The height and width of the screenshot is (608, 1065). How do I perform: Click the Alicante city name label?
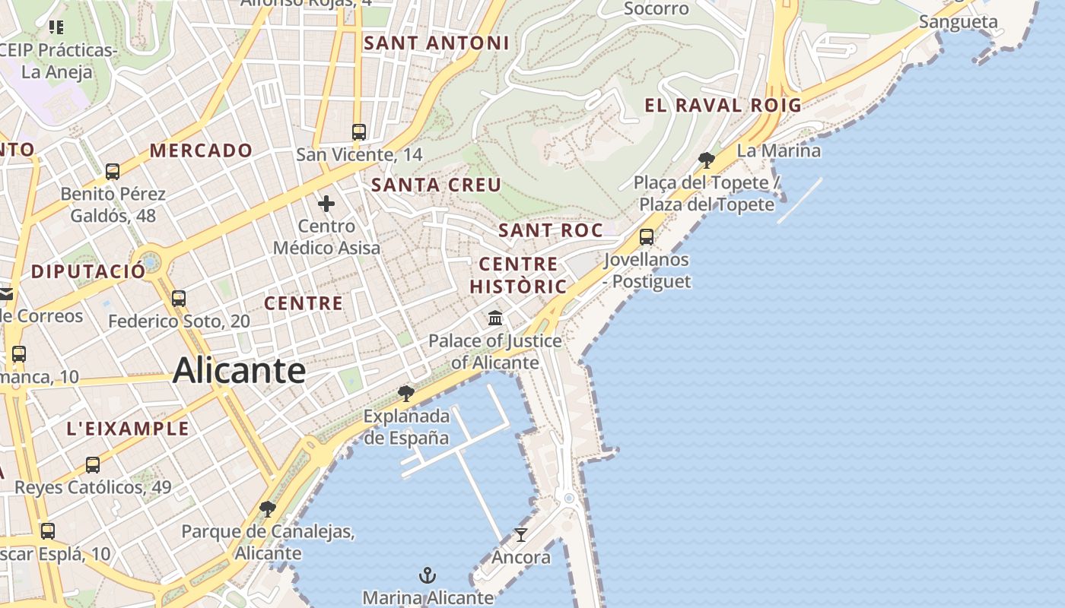pyautogui.click(x=239, y=371)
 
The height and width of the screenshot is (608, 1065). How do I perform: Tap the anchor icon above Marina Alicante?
pyautogui.click(x=428, y=575)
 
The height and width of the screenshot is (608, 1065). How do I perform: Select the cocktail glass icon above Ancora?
pyautogui.click(x=520, y=535)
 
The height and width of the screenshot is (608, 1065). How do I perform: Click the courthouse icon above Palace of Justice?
pyautogui.click(x=495, y=318)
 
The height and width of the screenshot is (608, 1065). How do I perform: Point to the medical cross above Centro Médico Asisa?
pyautogui.click(x=326, y=204)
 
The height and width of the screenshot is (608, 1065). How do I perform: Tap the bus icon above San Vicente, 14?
pyautogui.click(x=359, y=132)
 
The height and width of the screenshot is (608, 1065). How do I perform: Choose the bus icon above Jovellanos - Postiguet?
pyautogui.click(x=646, y=237)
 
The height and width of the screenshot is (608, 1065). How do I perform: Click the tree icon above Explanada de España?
pyautogui.click(x=406, y=394)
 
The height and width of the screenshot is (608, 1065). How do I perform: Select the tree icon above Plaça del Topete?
pyautogui.click(x=706, y=160)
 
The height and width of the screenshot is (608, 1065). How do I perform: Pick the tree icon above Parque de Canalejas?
pyautogui.click(x=267, y=509)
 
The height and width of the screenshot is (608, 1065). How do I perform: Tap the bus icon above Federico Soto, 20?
pyautogui.click(x=179, y=299)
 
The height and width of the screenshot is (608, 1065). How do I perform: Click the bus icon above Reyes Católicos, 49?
pyautogui.click(x=93, y=465)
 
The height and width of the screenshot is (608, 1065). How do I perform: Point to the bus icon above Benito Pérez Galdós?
pyautogui.click(x=113, y=172)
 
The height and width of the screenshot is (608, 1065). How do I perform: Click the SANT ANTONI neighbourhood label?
pyautogui.click(x=436, y=43)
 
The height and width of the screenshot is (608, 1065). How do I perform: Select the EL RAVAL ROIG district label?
pyautogui.click(x=723, y=106)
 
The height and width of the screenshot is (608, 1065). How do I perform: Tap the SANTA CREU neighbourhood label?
pyautogui.click(x=436, y=185)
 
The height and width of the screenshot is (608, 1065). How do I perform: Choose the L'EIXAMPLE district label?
pyautogui.click(x=128, y=429)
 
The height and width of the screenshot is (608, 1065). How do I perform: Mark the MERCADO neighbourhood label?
pyautogui.click(x=201, y=150)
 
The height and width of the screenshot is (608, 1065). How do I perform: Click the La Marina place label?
pyautogui.click(x=779, y=150)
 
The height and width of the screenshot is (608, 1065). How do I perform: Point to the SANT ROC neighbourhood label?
pyautogui.click(x=550, y=230)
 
